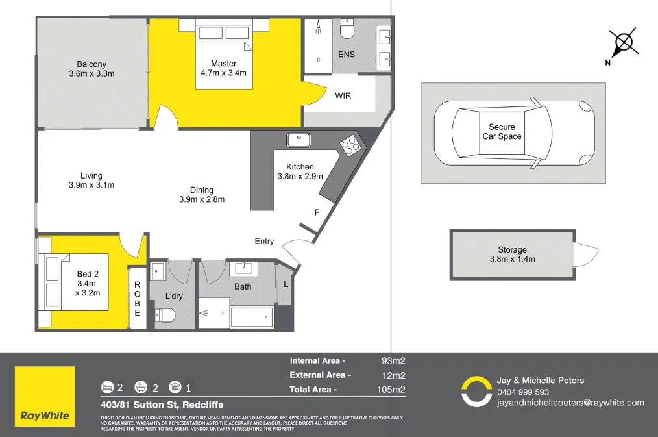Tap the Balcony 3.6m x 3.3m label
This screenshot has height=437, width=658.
click(91, 69)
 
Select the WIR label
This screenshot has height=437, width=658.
click(343, 95)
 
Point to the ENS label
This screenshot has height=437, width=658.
click(347, 55)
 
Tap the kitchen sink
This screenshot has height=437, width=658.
click(299, 139)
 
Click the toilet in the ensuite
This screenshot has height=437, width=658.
click(348, 30)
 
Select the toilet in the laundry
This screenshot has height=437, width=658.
click(166, 316)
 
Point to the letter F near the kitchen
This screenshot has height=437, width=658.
click(317, 212)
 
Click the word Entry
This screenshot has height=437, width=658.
click(264, 242)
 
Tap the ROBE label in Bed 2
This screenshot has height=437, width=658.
click(137, 299)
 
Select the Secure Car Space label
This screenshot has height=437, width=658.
click(502, 132)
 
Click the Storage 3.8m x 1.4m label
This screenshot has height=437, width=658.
click(513, 255)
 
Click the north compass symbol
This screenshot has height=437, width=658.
click(623, 44)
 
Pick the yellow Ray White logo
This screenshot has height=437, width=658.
click(45, 397)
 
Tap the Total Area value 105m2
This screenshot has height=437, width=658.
click(393, 390)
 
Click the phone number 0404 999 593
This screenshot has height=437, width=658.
click(523, 392)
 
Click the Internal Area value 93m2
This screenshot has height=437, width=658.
click(394, 360)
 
